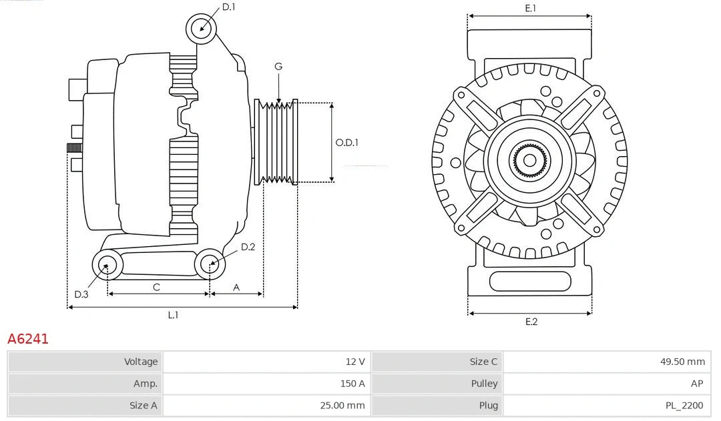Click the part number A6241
(28, 339)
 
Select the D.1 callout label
(228, 7)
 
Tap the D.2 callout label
(248, 247)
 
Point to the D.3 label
(81, 294)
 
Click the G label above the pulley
(278, 66)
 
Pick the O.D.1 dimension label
(346, 142)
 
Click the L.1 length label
(173, 315)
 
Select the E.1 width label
(531, 8)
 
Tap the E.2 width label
(531, 322)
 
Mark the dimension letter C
(156, 287)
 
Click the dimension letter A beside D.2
(236, 287)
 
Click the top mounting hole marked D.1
(202, 29)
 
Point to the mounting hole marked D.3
(107, 266)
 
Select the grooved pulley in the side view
(276, 142)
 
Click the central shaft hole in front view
(529, 160)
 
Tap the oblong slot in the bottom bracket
(530, 281)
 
